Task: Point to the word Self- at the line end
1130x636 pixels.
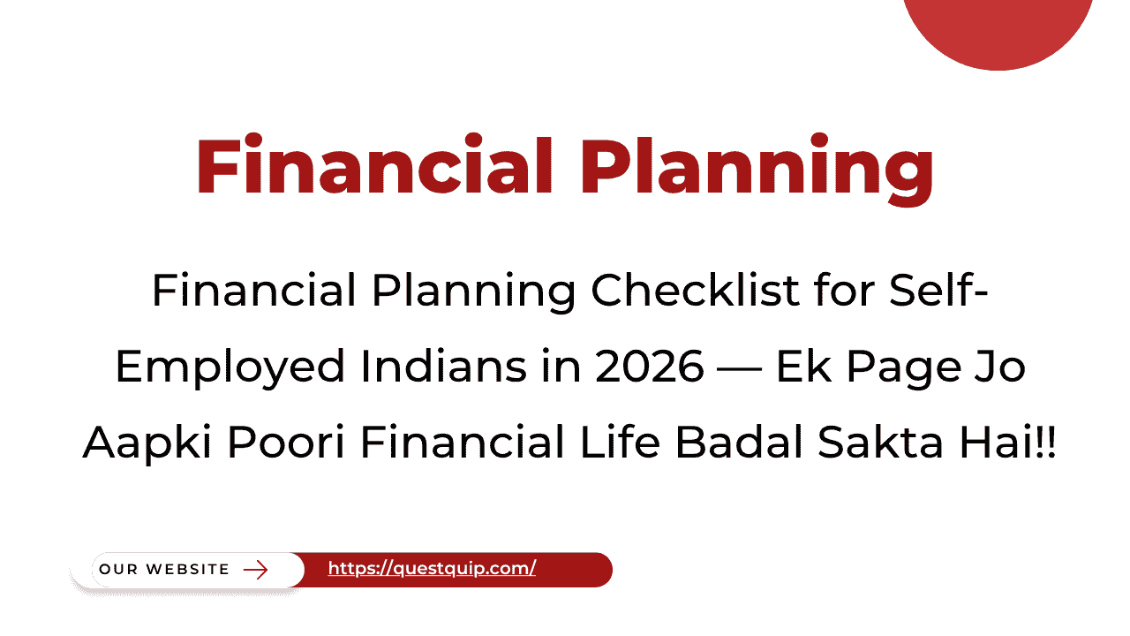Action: pos(938,291)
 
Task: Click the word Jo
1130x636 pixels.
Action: pos(1002,367)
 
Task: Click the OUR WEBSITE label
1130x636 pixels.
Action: pos(164,570)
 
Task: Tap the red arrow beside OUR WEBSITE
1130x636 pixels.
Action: pos(255,570)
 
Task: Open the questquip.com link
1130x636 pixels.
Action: pos(432,570)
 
